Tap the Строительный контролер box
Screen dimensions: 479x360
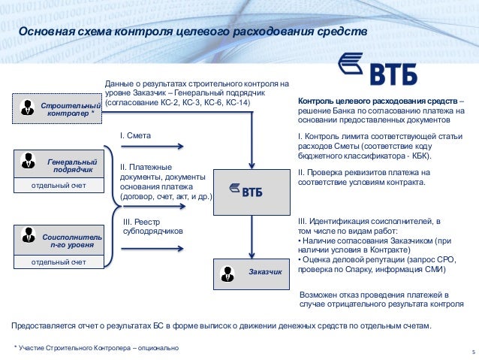pyautogui.click(x=59, y=109)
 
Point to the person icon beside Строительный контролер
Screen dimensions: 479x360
pyautogui.click(x=28, y=107)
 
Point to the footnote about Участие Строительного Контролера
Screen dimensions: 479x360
pyautogui.click(x=98, y=348)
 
